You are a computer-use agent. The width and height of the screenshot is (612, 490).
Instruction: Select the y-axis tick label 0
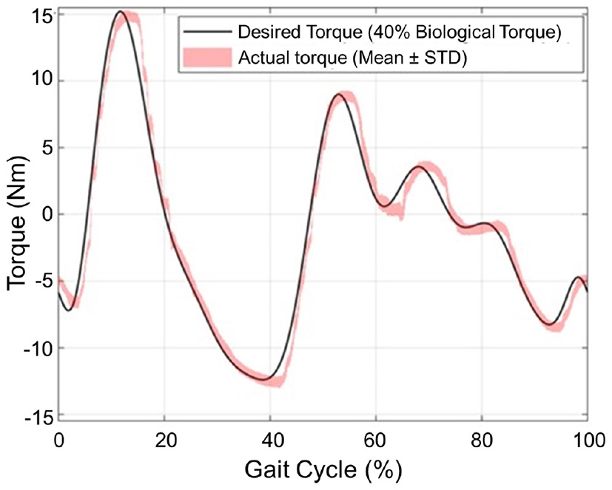click(45, 215)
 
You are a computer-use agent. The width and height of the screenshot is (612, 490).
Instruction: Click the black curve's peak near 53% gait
click(338, 95)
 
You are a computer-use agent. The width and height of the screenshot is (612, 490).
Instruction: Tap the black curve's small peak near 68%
click(419, 167)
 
